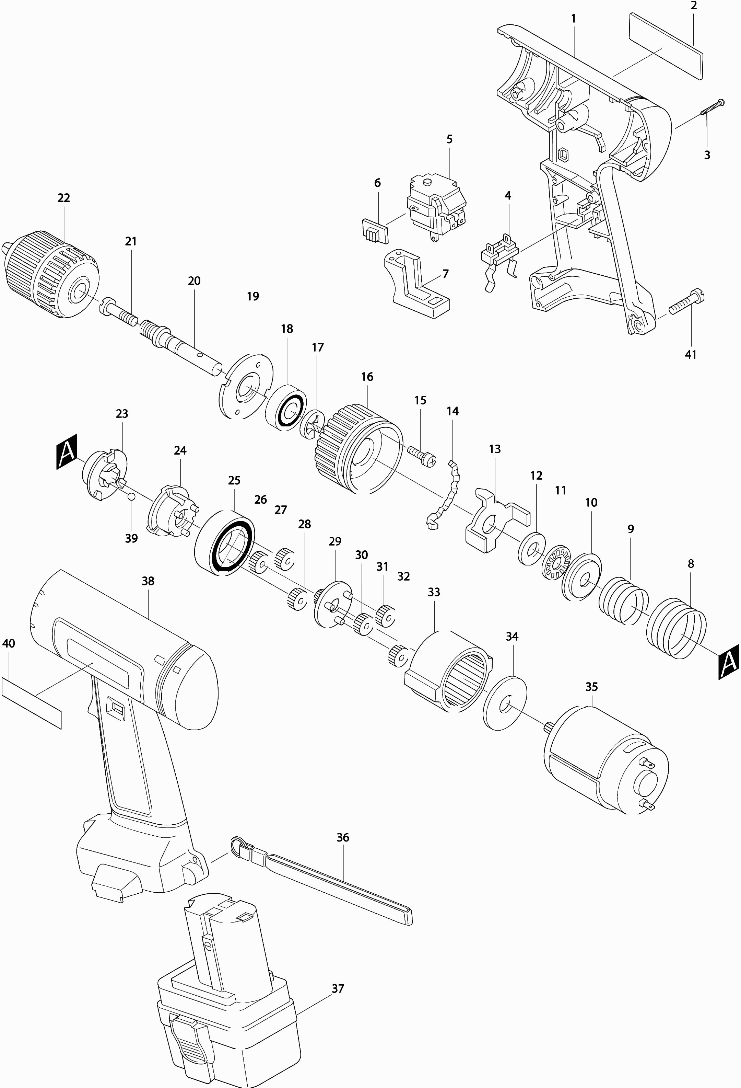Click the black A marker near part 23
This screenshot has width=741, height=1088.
[67, 451]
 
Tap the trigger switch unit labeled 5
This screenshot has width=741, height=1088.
[437, 207]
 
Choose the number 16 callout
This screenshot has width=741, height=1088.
[367, 377]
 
